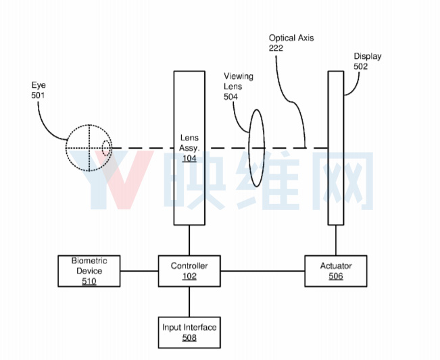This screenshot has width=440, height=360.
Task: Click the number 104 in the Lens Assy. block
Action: (189, 159)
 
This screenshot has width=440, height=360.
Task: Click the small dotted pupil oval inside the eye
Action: (106, 148)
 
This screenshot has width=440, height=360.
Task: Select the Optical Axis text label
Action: (291, 38)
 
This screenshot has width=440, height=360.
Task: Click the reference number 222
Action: (276, 48)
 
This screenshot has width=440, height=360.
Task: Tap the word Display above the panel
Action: (367, 56)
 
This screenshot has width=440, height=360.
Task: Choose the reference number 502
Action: (361, 66)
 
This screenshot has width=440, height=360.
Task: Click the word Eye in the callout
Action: (39, 85)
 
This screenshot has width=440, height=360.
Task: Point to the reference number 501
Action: (38, 95)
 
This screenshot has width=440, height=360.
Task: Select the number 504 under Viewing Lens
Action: (230, 97)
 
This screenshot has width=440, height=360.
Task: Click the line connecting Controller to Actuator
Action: (263, 271)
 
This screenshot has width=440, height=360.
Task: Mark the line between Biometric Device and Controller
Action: (139, 271)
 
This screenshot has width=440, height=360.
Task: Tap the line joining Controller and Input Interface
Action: (189, 302)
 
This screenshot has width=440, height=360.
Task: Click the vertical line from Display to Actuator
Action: (336, 240)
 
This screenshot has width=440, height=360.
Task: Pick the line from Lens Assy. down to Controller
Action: (189, 240)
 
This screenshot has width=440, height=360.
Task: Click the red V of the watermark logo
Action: (125, 180)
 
